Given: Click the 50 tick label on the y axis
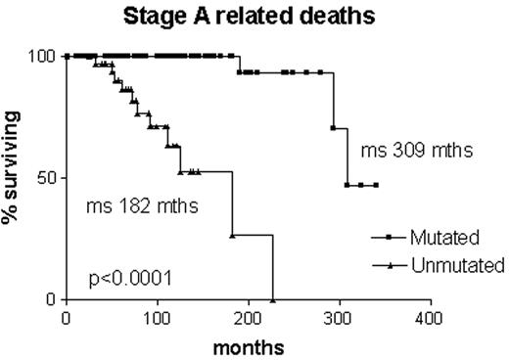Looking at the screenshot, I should click(45, 178).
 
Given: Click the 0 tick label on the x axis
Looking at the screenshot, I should click(66, 317).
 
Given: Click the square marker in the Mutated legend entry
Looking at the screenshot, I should click(391, 238).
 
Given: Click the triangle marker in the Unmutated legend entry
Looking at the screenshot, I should click(391, 264).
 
